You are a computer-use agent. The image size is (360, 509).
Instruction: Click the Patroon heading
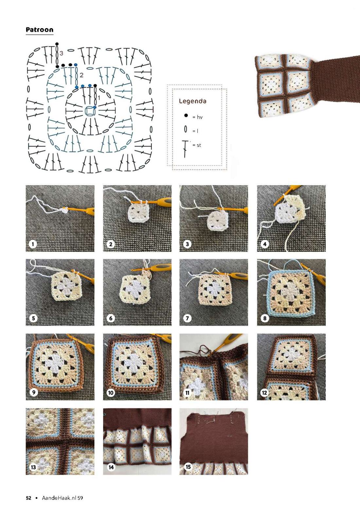39,29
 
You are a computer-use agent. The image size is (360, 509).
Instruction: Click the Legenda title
192,101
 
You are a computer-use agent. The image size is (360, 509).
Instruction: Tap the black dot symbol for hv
186,115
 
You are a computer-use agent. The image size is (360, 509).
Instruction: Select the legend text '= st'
197,145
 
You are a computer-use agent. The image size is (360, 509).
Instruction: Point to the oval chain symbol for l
186,129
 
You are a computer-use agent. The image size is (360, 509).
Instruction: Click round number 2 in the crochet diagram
81,75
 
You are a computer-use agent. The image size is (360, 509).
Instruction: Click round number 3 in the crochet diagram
62,53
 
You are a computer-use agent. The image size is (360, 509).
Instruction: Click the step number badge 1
33,244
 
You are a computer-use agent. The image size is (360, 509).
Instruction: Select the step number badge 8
265,318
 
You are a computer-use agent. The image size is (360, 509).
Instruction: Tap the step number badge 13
33,467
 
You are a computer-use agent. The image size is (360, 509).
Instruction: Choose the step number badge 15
188,467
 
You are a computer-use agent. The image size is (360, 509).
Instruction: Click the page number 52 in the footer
28,498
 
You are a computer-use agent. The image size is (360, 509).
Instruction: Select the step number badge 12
264,393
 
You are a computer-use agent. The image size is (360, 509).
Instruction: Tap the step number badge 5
33,318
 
